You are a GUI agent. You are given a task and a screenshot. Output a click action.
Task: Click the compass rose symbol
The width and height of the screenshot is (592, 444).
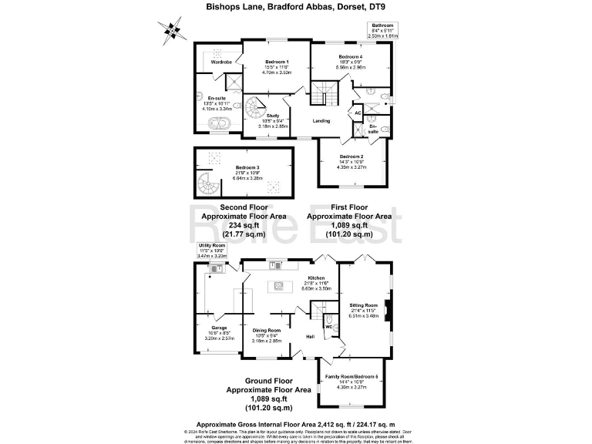[x=174, y=32]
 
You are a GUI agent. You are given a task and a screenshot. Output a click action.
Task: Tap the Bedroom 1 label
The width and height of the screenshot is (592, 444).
[x=277, y=62]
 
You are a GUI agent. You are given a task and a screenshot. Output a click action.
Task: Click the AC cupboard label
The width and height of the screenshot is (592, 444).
[x=358, y=113]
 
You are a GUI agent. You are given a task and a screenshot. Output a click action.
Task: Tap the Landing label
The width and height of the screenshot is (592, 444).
[x=321, y=121]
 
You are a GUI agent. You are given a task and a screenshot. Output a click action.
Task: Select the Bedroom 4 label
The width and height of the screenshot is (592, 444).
[x=350, y=57]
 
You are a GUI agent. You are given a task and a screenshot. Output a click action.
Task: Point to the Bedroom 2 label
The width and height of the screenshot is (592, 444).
[x=351, y=156]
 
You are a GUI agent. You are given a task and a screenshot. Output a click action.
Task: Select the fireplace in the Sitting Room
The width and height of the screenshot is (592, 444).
[x=388, y=310]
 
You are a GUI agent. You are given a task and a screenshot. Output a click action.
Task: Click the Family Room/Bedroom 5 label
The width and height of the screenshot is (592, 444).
[x=351, y=375]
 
